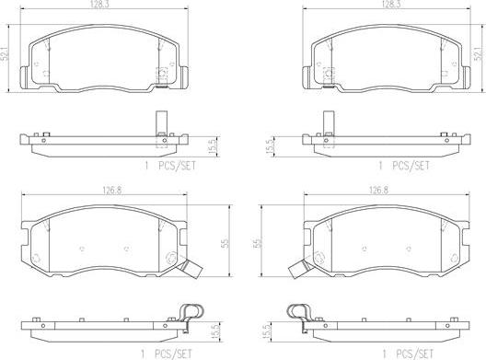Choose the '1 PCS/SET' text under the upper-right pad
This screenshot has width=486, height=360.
405,167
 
